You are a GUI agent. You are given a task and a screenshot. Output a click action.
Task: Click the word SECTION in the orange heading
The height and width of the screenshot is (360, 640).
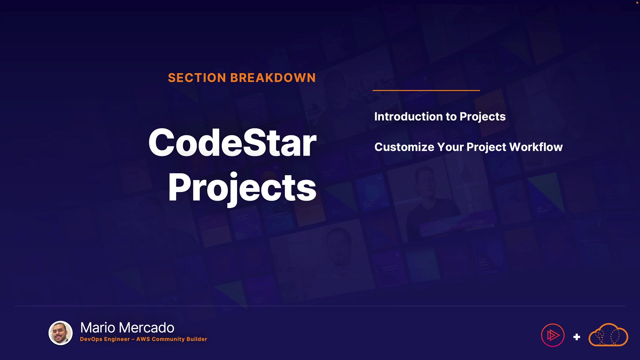[x=197, y=78]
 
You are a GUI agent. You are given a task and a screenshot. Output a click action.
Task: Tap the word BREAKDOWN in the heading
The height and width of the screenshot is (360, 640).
[x=273, y=78]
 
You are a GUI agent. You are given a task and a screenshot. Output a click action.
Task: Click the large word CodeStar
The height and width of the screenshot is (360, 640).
[x=232, y=143]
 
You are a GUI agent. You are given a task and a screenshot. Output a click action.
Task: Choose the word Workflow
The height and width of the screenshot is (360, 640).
[x=536, y=147]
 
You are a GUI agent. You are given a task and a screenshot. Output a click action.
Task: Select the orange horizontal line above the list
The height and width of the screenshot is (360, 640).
[x=426, y=90]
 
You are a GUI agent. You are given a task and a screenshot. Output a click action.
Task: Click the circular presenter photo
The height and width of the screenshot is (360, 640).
[x=61, y=333]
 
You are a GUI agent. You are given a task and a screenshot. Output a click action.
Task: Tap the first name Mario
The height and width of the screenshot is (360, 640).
[x=98, y=328]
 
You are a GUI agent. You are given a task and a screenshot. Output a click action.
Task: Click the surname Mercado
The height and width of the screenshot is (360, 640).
[x=147, y=328]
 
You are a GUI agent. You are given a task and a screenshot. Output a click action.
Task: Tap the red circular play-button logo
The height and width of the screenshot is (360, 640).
[x=553, y=335]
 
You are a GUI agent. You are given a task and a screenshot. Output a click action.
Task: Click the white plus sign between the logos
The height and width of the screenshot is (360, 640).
[x=577, y=337]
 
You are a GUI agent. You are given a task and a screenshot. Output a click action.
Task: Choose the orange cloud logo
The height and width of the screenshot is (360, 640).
[x=608, y=335]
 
